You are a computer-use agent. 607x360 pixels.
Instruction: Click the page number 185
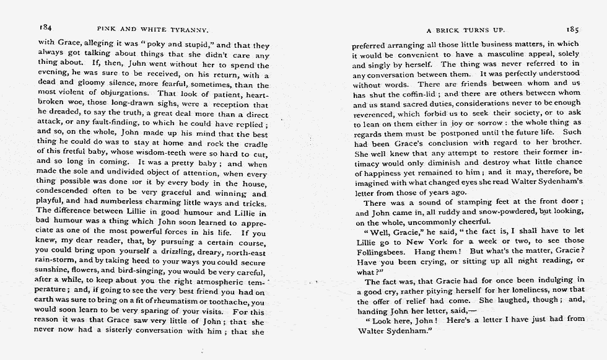[x=572, y=29]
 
